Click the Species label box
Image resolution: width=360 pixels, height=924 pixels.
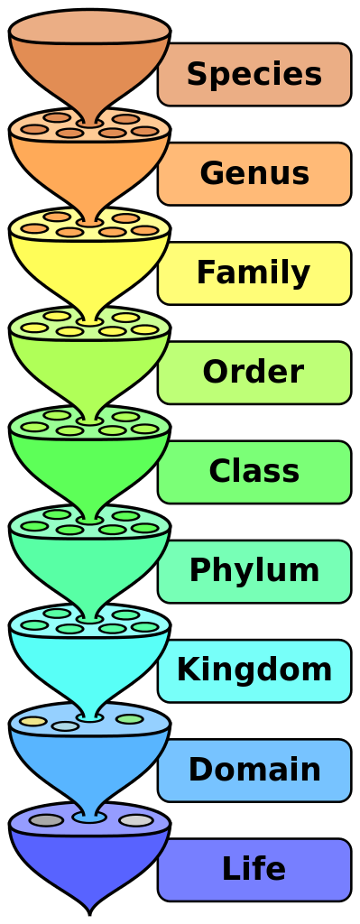254,74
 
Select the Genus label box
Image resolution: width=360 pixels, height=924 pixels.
254,173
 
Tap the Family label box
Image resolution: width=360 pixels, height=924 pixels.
254,273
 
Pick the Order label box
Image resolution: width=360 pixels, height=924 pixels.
254,372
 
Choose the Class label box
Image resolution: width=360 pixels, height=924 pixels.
254,471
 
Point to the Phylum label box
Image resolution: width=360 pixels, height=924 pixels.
254,571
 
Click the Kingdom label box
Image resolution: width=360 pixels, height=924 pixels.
254,670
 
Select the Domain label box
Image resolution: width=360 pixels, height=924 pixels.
254,770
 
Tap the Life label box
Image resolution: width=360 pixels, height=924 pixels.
254,869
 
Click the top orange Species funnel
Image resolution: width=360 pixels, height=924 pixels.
89,63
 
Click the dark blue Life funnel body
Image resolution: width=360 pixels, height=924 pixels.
89,862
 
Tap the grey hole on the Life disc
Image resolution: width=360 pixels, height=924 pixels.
46,820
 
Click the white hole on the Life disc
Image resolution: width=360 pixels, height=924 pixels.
136,820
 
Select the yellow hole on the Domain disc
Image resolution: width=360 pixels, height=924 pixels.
33,721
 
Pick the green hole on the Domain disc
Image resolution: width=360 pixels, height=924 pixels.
130,719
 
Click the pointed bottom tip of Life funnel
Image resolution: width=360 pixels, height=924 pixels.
89,907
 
